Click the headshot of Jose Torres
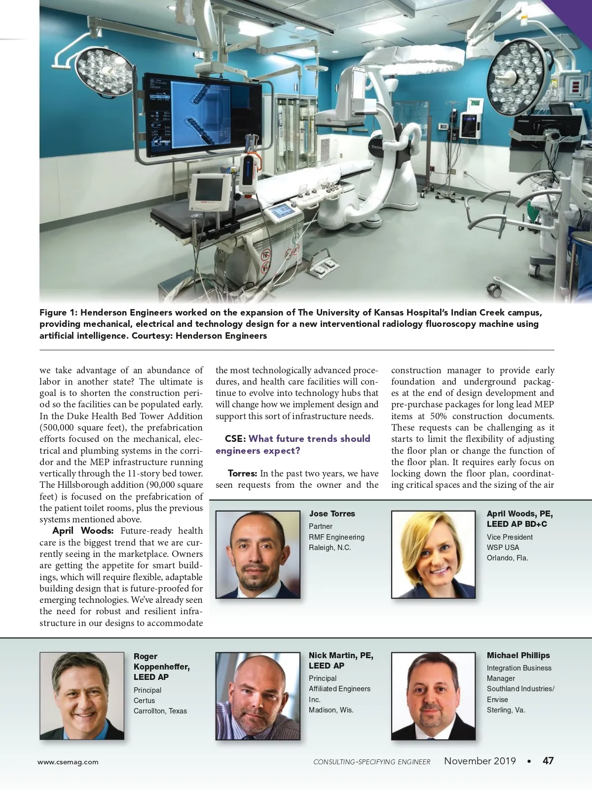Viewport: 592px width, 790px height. (x=258, y=554)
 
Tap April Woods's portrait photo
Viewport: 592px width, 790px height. (x=433, y=554)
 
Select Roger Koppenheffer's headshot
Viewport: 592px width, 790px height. (x=82, y=696)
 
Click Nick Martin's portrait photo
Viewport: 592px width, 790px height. (x=258, y=696)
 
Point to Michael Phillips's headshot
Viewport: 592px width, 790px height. (x=433, y=696)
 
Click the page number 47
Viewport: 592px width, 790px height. (x=548, y=761)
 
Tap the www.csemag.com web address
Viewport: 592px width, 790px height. (x=68, y=762)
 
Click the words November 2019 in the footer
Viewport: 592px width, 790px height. (x=480, y=761)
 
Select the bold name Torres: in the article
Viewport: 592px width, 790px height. (x=242, y=474)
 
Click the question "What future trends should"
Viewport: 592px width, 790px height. (x=309, y=438)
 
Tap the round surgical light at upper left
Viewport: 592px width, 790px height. (x=107, y=69)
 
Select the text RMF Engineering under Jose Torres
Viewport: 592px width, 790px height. (x=336, y=537)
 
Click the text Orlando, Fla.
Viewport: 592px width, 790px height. (x=507, y=558)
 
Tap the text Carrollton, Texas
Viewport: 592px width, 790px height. (x=160, y=711)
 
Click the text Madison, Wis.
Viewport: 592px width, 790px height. (x=331, y=710)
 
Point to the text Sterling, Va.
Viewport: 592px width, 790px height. (x=506, y=710)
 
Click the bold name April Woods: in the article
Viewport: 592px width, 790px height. (x=83, y=531)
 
